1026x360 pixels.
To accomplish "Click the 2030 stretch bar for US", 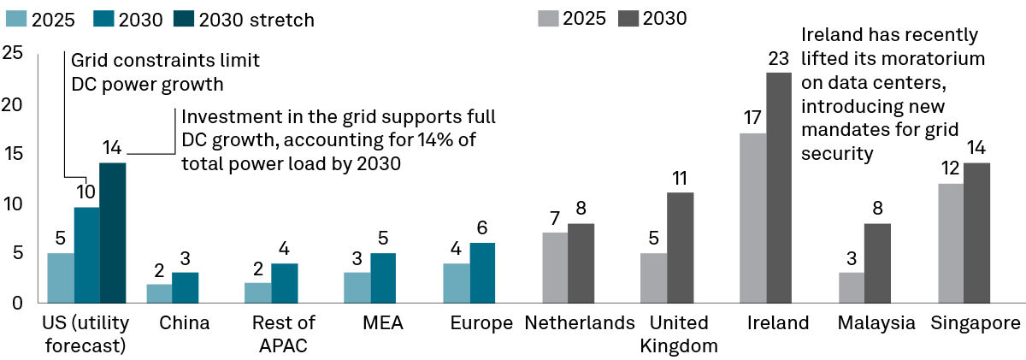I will pos(112,232).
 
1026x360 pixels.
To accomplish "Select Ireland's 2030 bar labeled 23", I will pos(779,187).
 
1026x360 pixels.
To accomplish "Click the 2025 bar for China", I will pos(158,293).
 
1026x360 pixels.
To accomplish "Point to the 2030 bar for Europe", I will pos(481,273).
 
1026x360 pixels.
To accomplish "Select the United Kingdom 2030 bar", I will pos(680,247).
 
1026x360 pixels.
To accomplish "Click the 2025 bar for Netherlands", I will pos(554,268).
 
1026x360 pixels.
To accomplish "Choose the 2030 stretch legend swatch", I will pos(186,19).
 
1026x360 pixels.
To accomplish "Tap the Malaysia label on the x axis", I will pos(876,323).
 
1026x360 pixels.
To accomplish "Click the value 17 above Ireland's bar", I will pos(753,118).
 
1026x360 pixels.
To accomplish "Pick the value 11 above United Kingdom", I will pos(680,178).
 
